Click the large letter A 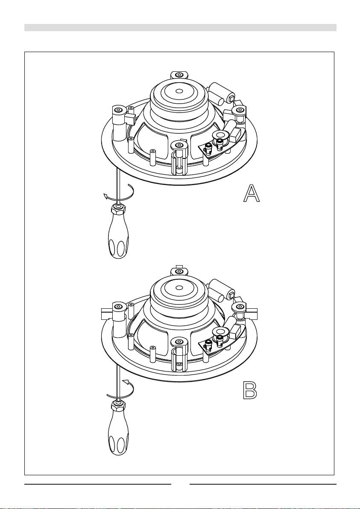pos(252,194)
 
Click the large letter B pos(251,390)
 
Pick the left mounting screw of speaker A pos(119,110)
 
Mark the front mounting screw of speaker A pos(178,145)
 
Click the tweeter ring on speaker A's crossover pos(220,134)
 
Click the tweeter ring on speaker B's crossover pos(220,331)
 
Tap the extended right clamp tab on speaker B pos(252,313)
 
